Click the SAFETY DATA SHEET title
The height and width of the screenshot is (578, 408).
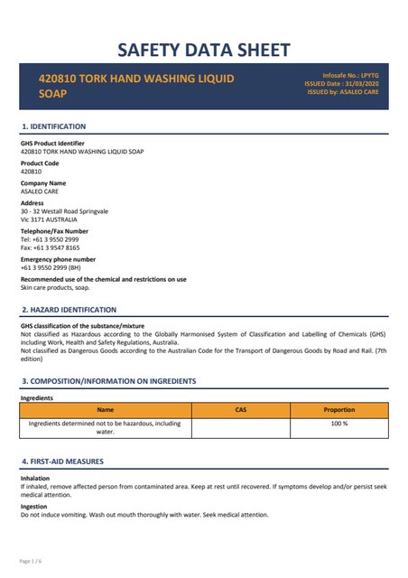tap(204, 49)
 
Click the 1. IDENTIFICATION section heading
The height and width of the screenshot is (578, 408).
tap(53, 126)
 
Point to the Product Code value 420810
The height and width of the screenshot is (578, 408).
tap(32, 171)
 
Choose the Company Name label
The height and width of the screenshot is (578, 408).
tap(43, 183)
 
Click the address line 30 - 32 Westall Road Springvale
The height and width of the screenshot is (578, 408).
tap(64, 211)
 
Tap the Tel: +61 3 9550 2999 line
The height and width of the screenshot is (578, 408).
tap(50, 239)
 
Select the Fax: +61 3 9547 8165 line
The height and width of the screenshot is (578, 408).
tap(50, 247)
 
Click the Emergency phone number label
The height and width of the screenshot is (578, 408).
tap(58, 259)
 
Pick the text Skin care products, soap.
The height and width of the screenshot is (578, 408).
tap(57, 287)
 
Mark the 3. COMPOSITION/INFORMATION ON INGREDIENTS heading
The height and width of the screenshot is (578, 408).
tap(108, 381)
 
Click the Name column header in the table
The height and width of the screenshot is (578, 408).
tap(106, 410)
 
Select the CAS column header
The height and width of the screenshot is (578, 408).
tap(240, 410)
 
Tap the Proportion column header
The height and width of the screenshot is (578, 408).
tap(338, 410)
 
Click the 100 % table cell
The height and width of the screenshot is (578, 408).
tap(338, 424)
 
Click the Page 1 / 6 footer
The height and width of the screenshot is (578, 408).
tap(31, 561)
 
